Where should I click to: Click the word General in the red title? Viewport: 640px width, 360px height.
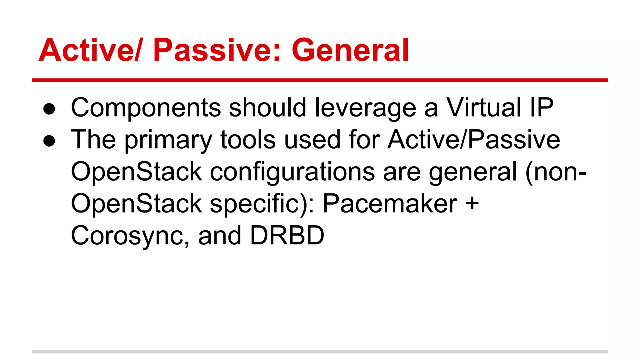(350, 50)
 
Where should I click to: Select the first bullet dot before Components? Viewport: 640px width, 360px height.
(49, 109)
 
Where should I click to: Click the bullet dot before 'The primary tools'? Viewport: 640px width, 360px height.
(49, 141)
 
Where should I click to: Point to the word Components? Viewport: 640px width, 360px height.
(146, 108)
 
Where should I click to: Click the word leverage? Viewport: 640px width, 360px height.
(365, 108)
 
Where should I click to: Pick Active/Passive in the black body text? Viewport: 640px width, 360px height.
(474, 140)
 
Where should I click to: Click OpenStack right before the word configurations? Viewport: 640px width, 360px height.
(137, 172)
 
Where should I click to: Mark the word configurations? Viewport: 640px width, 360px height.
(292, 172)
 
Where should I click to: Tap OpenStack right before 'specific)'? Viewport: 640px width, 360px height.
(137, 204)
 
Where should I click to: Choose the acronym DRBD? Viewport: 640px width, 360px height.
(287, 236)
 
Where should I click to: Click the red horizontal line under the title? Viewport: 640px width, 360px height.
(320, 80)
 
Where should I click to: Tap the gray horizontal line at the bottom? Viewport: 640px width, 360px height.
(320, 352)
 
